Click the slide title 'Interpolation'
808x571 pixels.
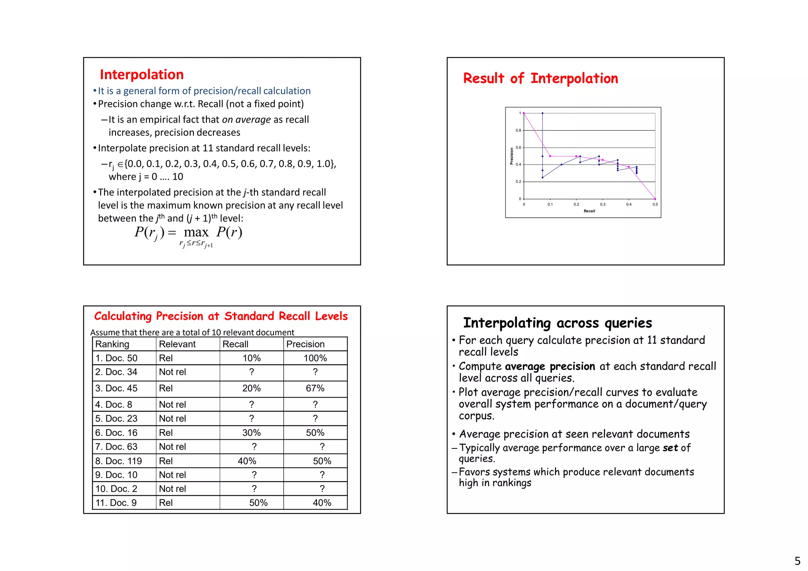[x=142, y=75]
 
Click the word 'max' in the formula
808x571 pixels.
[x=196, y=232]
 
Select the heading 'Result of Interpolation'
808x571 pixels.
[x=541, y=78]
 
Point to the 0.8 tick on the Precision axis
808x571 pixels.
[x=518, y=131]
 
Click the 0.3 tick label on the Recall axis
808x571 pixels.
[x=602, y=204]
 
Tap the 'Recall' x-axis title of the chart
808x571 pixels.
[x=589, y=211]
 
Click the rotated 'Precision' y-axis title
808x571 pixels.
[x=512, y=156]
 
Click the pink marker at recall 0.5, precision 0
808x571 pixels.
[x=655, y=199]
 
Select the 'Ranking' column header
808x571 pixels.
[x=112, y=344]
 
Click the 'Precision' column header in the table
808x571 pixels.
[x=305, y=344]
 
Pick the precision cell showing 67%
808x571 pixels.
[x=315, y=388]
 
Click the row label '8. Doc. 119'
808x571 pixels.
[x=118, y=461]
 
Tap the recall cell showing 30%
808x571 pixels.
[x=251, y=433]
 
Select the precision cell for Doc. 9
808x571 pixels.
[x=322, y=503]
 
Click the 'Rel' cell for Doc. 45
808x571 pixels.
[x=166, y=388]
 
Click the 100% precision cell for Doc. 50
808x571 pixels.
[x=315, y=358]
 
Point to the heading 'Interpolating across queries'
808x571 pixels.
[x=557, y=323]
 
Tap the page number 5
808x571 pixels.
[x=797, y=561]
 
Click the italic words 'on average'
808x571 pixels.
[x=246, y=119]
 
